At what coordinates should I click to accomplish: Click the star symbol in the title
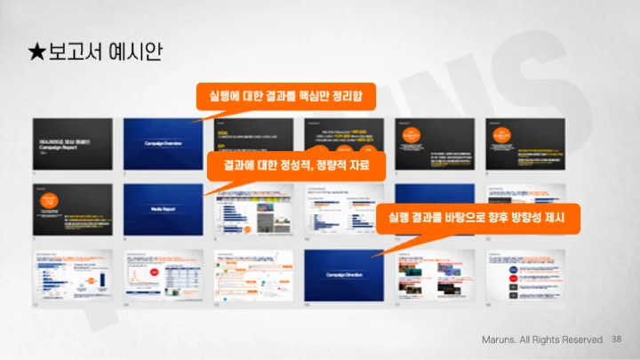pyautogui.click(x=37, y=52)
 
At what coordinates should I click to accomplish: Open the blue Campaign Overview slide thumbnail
pyautogui.click(x=164, y=142)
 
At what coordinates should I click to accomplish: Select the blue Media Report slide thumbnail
pyautogui.click(x=164, y=209)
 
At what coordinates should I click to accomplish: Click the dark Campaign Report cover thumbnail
pyautogui.click(x=72, y=142)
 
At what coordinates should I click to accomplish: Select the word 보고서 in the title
pyautogui.click(x=74, y=52)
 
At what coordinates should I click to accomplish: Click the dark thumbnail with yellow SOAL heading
pyautogui.click(x=254, y=142)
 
